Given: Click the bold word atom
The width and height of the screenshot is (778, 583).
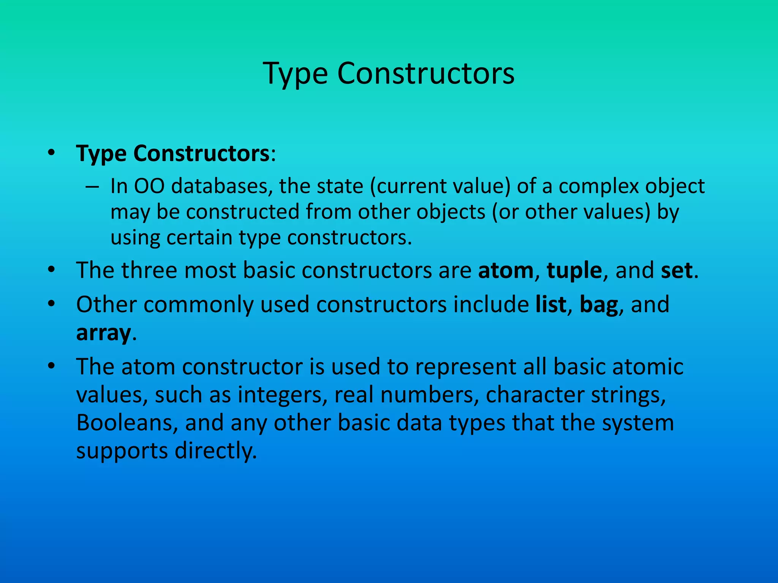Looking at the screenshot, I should coord(506,270).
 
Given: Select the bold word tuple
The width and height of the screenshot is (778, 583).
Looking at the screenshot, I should coord(574,271).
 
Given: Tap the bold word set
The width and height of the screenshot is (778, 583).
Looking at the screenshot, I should coord(676,270).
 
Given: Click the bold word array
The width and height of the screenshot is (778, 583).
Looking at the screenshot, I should coord(103,334).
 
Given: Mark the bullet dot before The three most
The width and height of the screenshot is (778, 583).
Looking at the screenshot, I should coord(52,271).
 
